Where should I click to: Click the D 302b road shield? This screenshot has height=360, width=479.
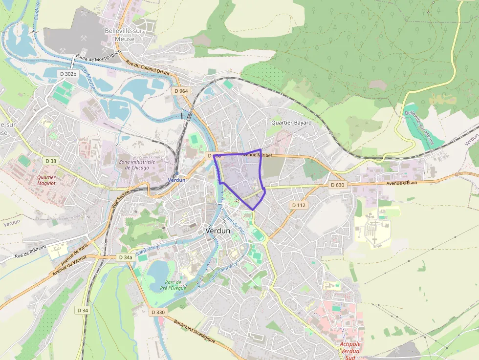[68, 74]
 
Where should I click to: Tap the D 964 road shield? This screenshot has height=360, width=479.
[181, 91]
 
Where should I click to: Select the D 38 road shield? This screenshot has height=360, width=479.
[51, 161]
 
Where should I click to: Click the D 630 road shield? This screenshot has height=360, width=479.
[337, 185]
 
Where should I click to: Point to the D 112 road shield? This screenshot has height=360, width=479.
[299, 205]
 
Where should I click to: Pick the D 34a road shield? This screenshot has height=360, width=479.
[126, 257]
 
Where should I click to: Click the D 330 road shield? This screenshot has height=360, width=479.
[158, 312]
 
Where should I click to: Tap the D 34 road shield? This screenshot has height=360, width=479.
[83, 310]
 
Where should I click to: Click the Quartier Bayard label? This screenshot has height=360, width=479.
[291, 123]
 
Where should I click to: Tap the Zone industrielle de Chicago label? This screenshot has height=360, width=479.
[137, 165]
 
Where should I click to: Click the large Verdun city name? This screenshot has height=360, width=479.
[218, 231]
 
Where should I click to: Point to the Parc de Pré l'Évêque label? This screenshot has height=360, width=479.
[173, 285]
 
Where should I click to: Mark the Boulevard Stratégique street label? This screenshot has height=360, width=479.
[195, 332]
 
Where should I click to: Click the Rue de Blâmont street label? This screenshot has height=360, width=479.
[30, 251]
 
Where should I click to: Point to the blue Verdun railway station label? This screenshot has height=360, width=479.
[176, 180]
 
